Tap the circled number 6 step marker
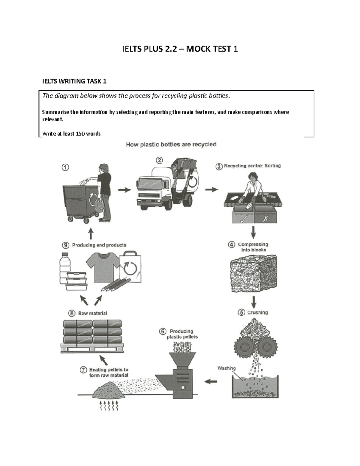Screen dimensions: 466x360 tap(163, 332)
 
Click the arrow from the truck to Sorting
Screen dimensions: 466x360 tap(211, 190)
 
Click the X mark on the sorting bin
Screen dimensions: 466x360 tap(265, 219)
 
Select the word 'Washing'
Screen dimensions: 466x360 tap(226, 368)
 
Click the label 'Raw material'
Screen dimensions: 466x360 tap(92, 313)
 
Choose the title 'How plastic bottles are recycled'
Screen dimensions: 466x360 tap(171, 145)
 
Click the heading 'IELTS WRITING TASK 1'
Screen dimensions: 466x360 tap(74, 81)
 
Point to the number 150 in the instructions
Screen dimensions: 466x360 tap(80, 134)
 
